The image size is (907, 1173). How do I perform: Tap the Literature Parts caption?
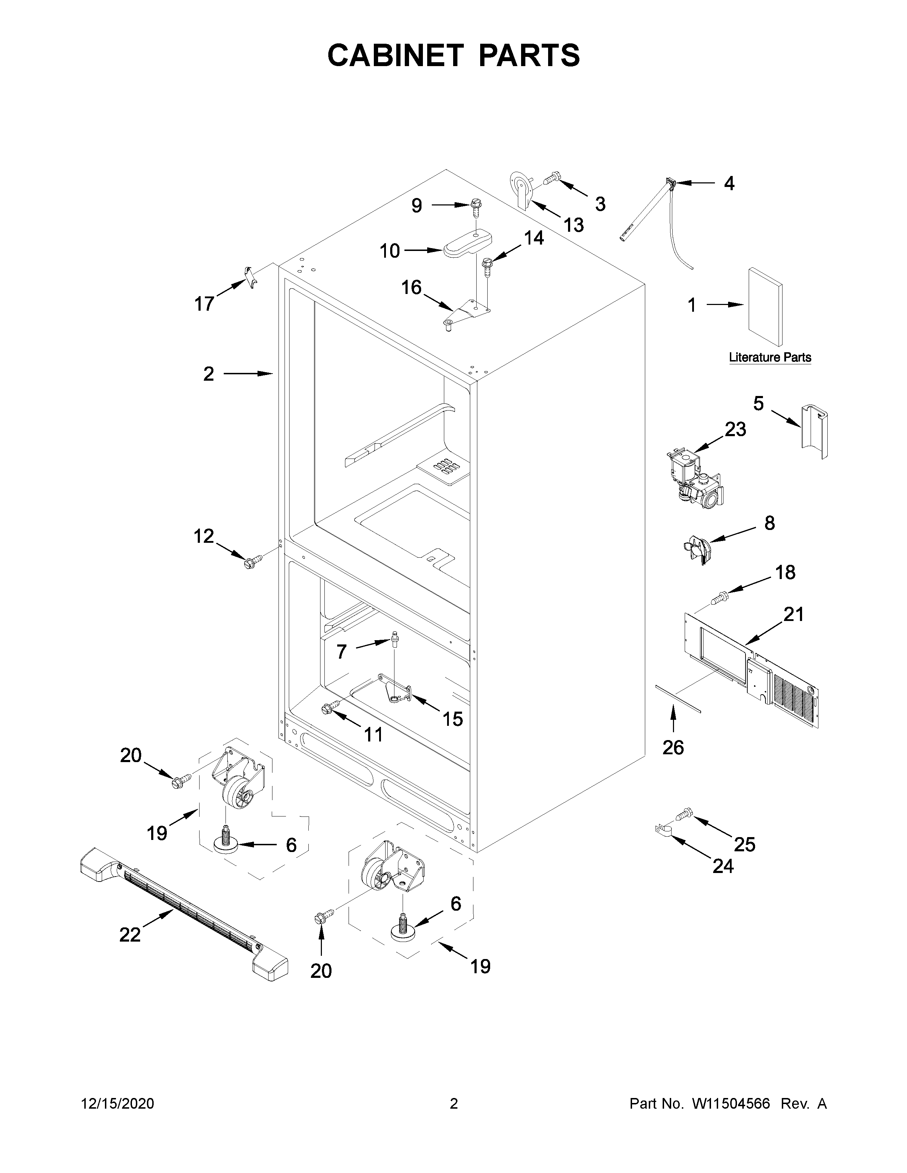(769, 357)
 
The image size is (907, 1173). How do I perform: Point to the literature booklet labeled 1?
(765, 307)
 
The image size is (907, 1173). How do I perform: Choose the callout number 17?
(204, 304)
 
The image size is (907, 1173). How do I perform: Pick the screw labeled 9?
(475, 206)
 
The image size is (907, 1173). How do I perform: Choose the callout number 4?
(728, 184)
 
